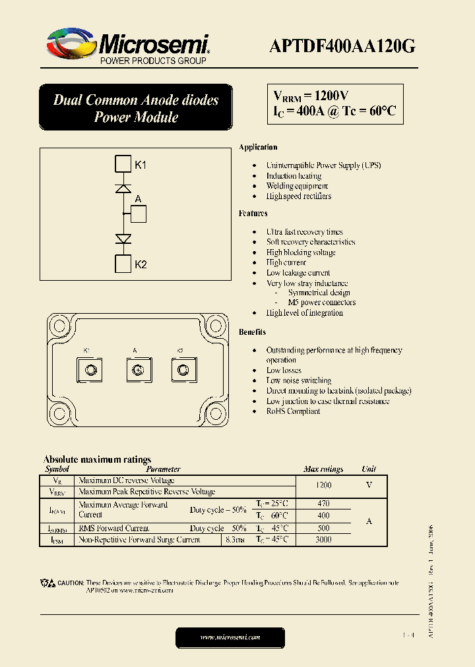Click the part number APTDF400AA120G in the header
[x=342, y=45]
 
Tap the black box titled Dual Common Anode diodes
[x=136, y=108]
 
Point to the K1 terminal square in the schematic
[x=123, y=164]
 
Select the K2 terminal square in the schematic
[x=123, y=264]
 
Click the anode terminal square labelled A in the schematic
[x=138, y=214]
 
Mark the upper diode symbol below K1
[x=123, y=188]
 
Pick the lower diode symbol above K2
[x=123, y=239]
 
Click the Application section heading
[x=258, y=147]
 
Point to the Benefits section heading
[x=253, y=332]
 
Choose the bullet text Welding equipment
[x=297, y=186]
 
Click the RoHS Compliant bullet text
[x=293, y=411]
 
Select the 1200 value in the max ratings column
[x=323, y=485]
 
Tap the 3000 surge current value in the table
[x=323, y=539]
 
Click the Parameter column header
[x=162, y=469]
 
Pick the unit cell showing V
[x=369, y=485]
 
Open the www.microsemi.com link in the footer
[x=230, y=637]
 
